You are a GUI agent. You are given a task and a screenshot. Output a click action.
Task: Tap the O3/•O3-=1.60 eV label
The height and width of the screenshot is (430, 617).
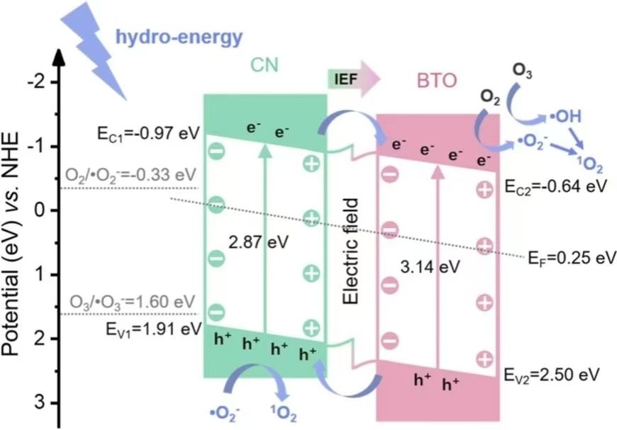pyautogui.click(x=130, y=303)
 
